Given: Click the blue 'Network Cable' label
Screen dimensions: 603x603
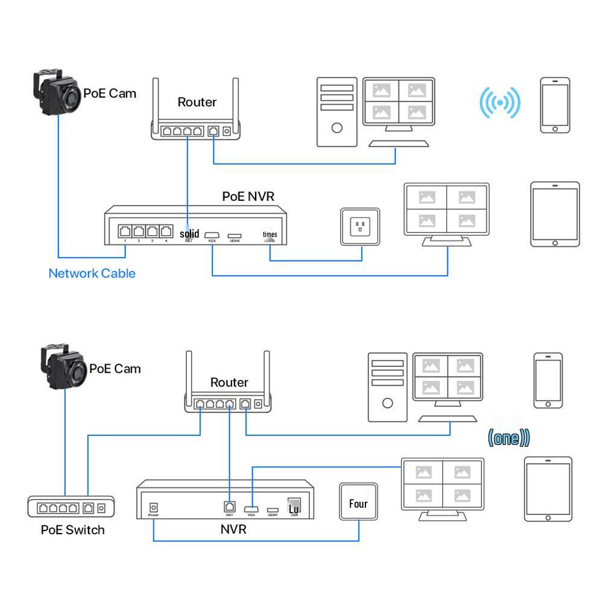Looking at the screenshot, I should pos(92,273).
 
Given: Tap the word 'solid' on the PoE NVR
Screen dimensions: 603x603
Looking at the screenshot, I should pos(189,233).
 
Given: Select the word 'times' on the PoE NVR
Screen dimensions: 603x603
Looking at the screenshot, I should pos(270,234).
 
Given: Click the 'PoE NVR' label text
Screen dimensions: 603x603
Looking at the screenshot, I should pos(249,197).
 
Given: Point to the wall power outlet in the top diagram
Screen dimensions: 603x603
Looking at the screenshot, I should pos(360,227).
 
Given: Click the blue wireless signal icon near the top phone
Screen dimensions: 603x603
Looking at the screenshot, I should pos(499,103).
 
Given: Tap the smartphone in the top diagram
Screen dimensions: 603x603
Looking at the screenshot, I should pos(555,105).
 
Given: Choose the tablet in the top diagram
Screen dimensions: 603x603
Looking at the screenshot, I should pos(555,214).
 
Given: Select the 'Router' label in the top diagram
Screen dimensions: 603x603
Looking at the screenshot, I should pos(197,102).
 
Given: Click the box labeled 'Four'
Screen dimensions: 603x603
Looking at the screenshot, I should pos(358,503).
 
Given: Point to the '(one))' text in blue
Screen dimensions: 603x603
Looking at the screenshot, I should pos(508,438).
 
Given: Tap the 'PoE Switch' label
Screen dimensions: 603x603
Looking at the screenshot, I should pos(72,530).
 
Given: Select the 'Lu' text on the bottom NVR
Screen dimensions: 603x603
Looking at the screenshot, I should pos(294,509).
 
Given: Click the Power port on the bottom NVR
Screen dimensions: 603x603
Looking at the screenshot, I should pos(154,508).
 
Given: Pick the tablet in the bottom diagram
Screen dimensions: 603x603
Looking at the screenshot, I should pos(548,489).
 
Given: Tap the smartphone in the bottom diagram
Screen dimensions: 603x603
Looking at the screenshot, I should pos(548,380).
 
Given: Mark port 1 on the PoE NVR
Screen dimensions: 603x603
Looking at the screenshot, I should pos(125,231).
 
